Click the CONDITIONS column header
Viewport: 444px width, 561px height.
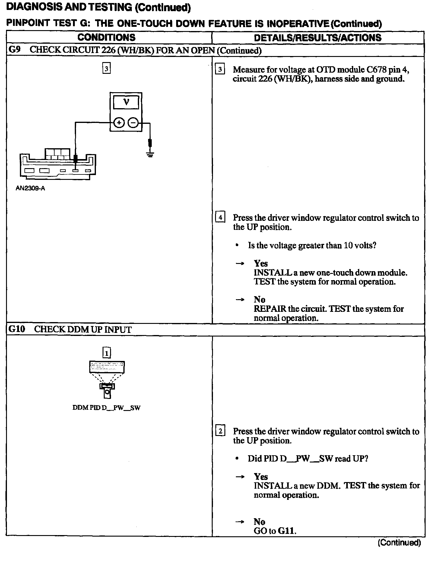106,38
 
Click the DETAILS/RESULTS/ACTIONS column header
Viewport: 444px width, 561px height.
318,38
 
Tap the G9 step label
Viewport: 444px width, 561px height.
14,50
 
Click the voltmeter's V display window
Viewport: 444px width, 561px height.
126,102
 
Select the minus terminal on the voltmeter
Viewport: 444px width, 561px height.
133,123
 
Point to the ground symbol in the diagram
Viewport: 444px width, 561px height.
150,154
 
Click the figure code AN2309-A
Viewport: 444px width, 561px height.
30,189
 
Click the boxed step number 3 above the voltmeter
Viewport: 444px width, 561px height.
106,68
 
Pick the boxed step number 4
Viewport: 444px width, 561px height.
220,217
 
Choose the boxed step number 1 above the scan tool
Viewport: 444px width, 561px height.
107,352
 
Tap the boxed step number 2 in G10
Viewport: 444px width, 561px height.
220,431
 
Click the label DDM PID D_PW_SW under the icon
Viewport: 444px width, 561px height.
106,408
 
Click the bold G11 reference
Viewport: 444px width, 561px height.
286,531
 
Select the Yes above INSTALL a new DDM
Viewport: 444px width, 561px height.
261,476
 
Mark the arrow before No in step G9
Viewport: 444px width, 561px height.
240,300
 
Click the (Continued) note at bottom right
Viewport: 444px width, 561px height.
399,543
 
